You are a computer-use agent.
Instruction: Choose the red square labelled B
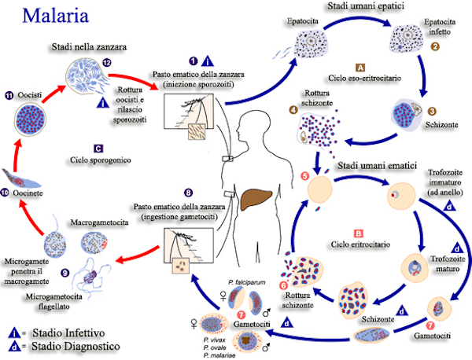point(358,233)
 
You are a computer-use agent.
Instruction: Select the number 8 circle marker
point(188,192)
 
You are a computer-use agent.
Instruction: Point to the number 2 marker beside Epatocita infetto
point(435,46)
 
